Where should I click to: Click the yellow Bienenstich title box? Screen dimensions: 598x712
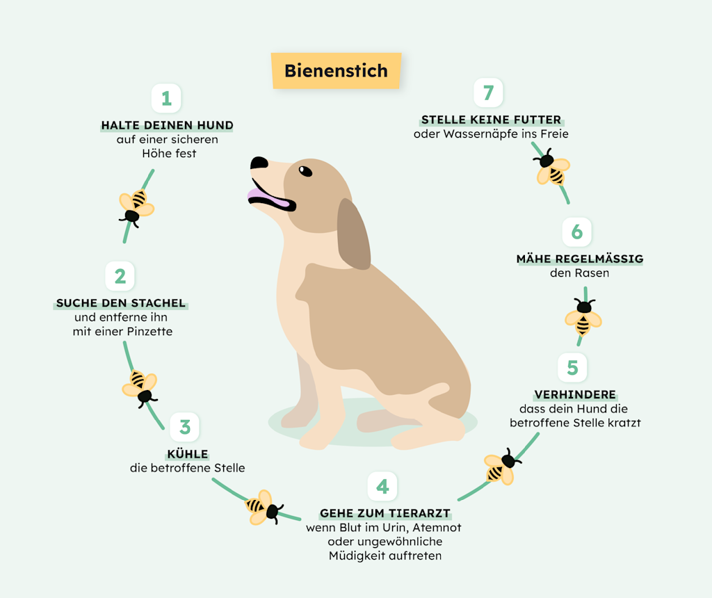[336, 71]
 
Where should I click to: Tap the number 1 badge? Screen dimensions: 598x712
[166, 99]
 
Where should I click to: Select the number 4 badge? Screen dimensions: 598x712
[382, 487]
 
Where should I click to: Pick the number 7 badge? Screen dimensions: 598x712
[488, 92]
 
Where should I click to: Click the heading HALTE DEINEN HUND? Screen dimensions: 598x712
[167, 126]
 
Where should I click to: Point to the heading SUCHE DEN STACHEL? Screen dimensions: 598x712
[121, 303]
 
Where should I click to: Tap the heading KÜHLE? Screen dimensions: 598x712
[188, 455]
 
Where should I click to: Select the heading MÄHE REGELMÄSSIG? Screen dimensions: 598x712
[579, 259]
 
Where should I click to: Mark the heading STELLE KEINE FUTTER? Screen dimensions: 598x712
[491, 120]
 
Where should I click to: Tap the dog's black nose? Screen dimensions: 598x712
[259, 163]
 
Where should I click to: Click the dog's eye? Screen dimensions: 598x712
[305, 170]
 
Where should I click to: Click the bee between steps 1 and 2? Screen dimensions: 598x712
[136, 207]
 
